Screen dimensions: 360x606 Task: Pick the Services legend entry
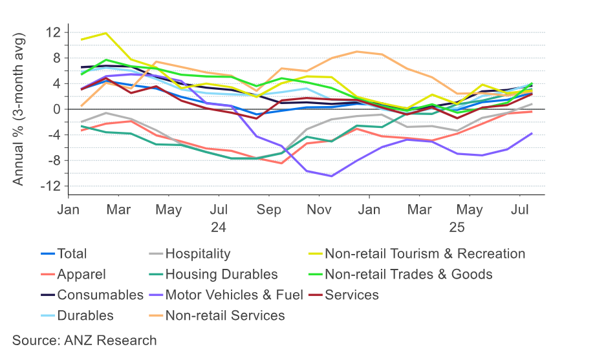point(351,295)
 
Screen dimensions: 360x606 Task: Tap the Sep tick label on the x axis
point(269,211)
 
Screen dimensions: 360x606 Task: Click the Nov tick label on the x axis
point(319,211)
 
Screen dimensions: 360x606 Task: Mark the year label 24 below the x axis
point(219,227)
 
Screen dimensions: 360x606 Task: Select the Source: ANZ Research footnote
point(85,341)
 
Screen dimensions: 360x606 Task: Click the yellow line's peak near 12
point(105,33)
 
